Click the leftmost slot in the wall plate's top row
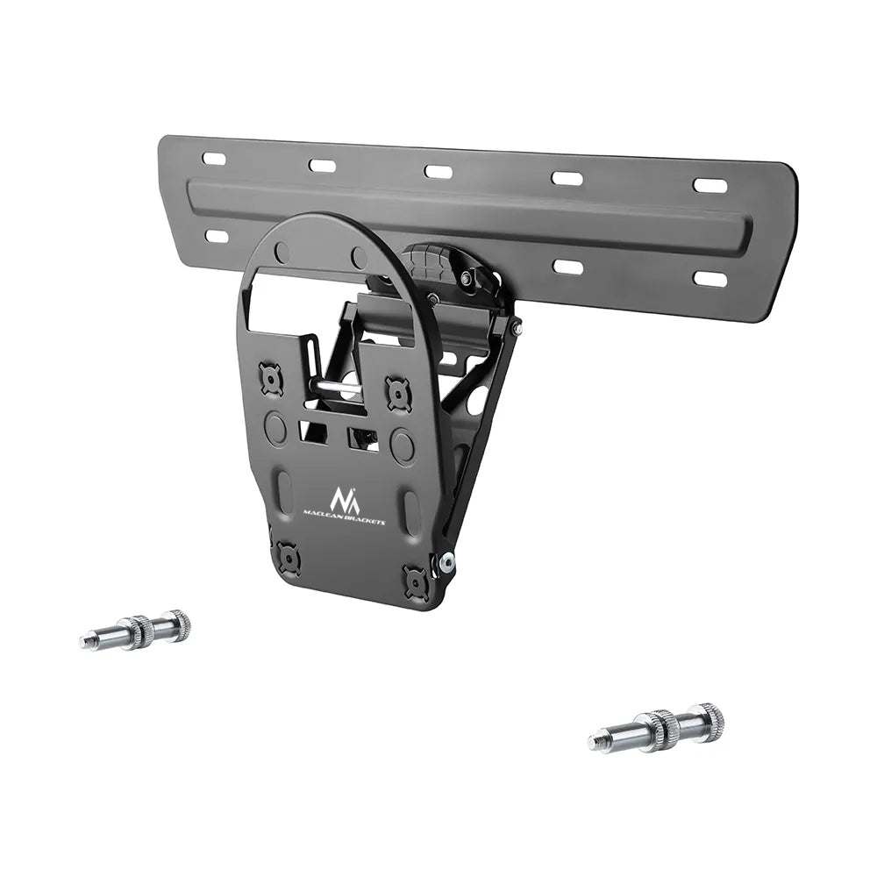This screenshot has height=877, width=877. pyautogui.click(x=213, y=159)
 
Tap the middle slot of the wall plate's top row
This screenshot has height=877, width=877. pyautogui.click(x=438, y=171)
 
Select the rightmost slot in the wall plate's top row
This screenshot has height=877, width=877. pyautogui.click(x=709, y=185)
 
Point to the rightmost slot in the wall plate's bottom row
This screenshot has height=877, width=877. pyautogui.click(x=709, y=279)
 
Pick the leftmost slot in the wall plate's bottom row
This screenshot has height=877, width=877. pyautogui.click(x=216, y=236)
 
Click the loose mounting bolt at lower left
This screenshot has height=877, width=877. pyautogui.click(x=135, y=630)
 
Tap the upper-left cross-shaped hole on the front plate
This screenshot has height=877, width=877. pyautogui.click(x=272, y=379)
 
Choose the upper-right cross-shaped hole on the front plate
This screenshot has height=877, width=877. pyautogui.click(x=398, y=394)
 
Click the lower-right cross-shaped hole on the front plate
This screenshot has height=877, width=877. pyautogui.click(x=415, y=580)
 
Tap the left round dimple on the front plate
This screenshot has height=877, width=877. pyautogui.click(x=275, y=427)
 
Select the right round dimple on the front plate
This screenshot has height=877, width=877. pyautogui.click(x=403, y=446)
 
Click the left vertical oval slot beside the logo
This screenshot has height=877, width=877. pyautogui.click(x=285, y=490)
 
